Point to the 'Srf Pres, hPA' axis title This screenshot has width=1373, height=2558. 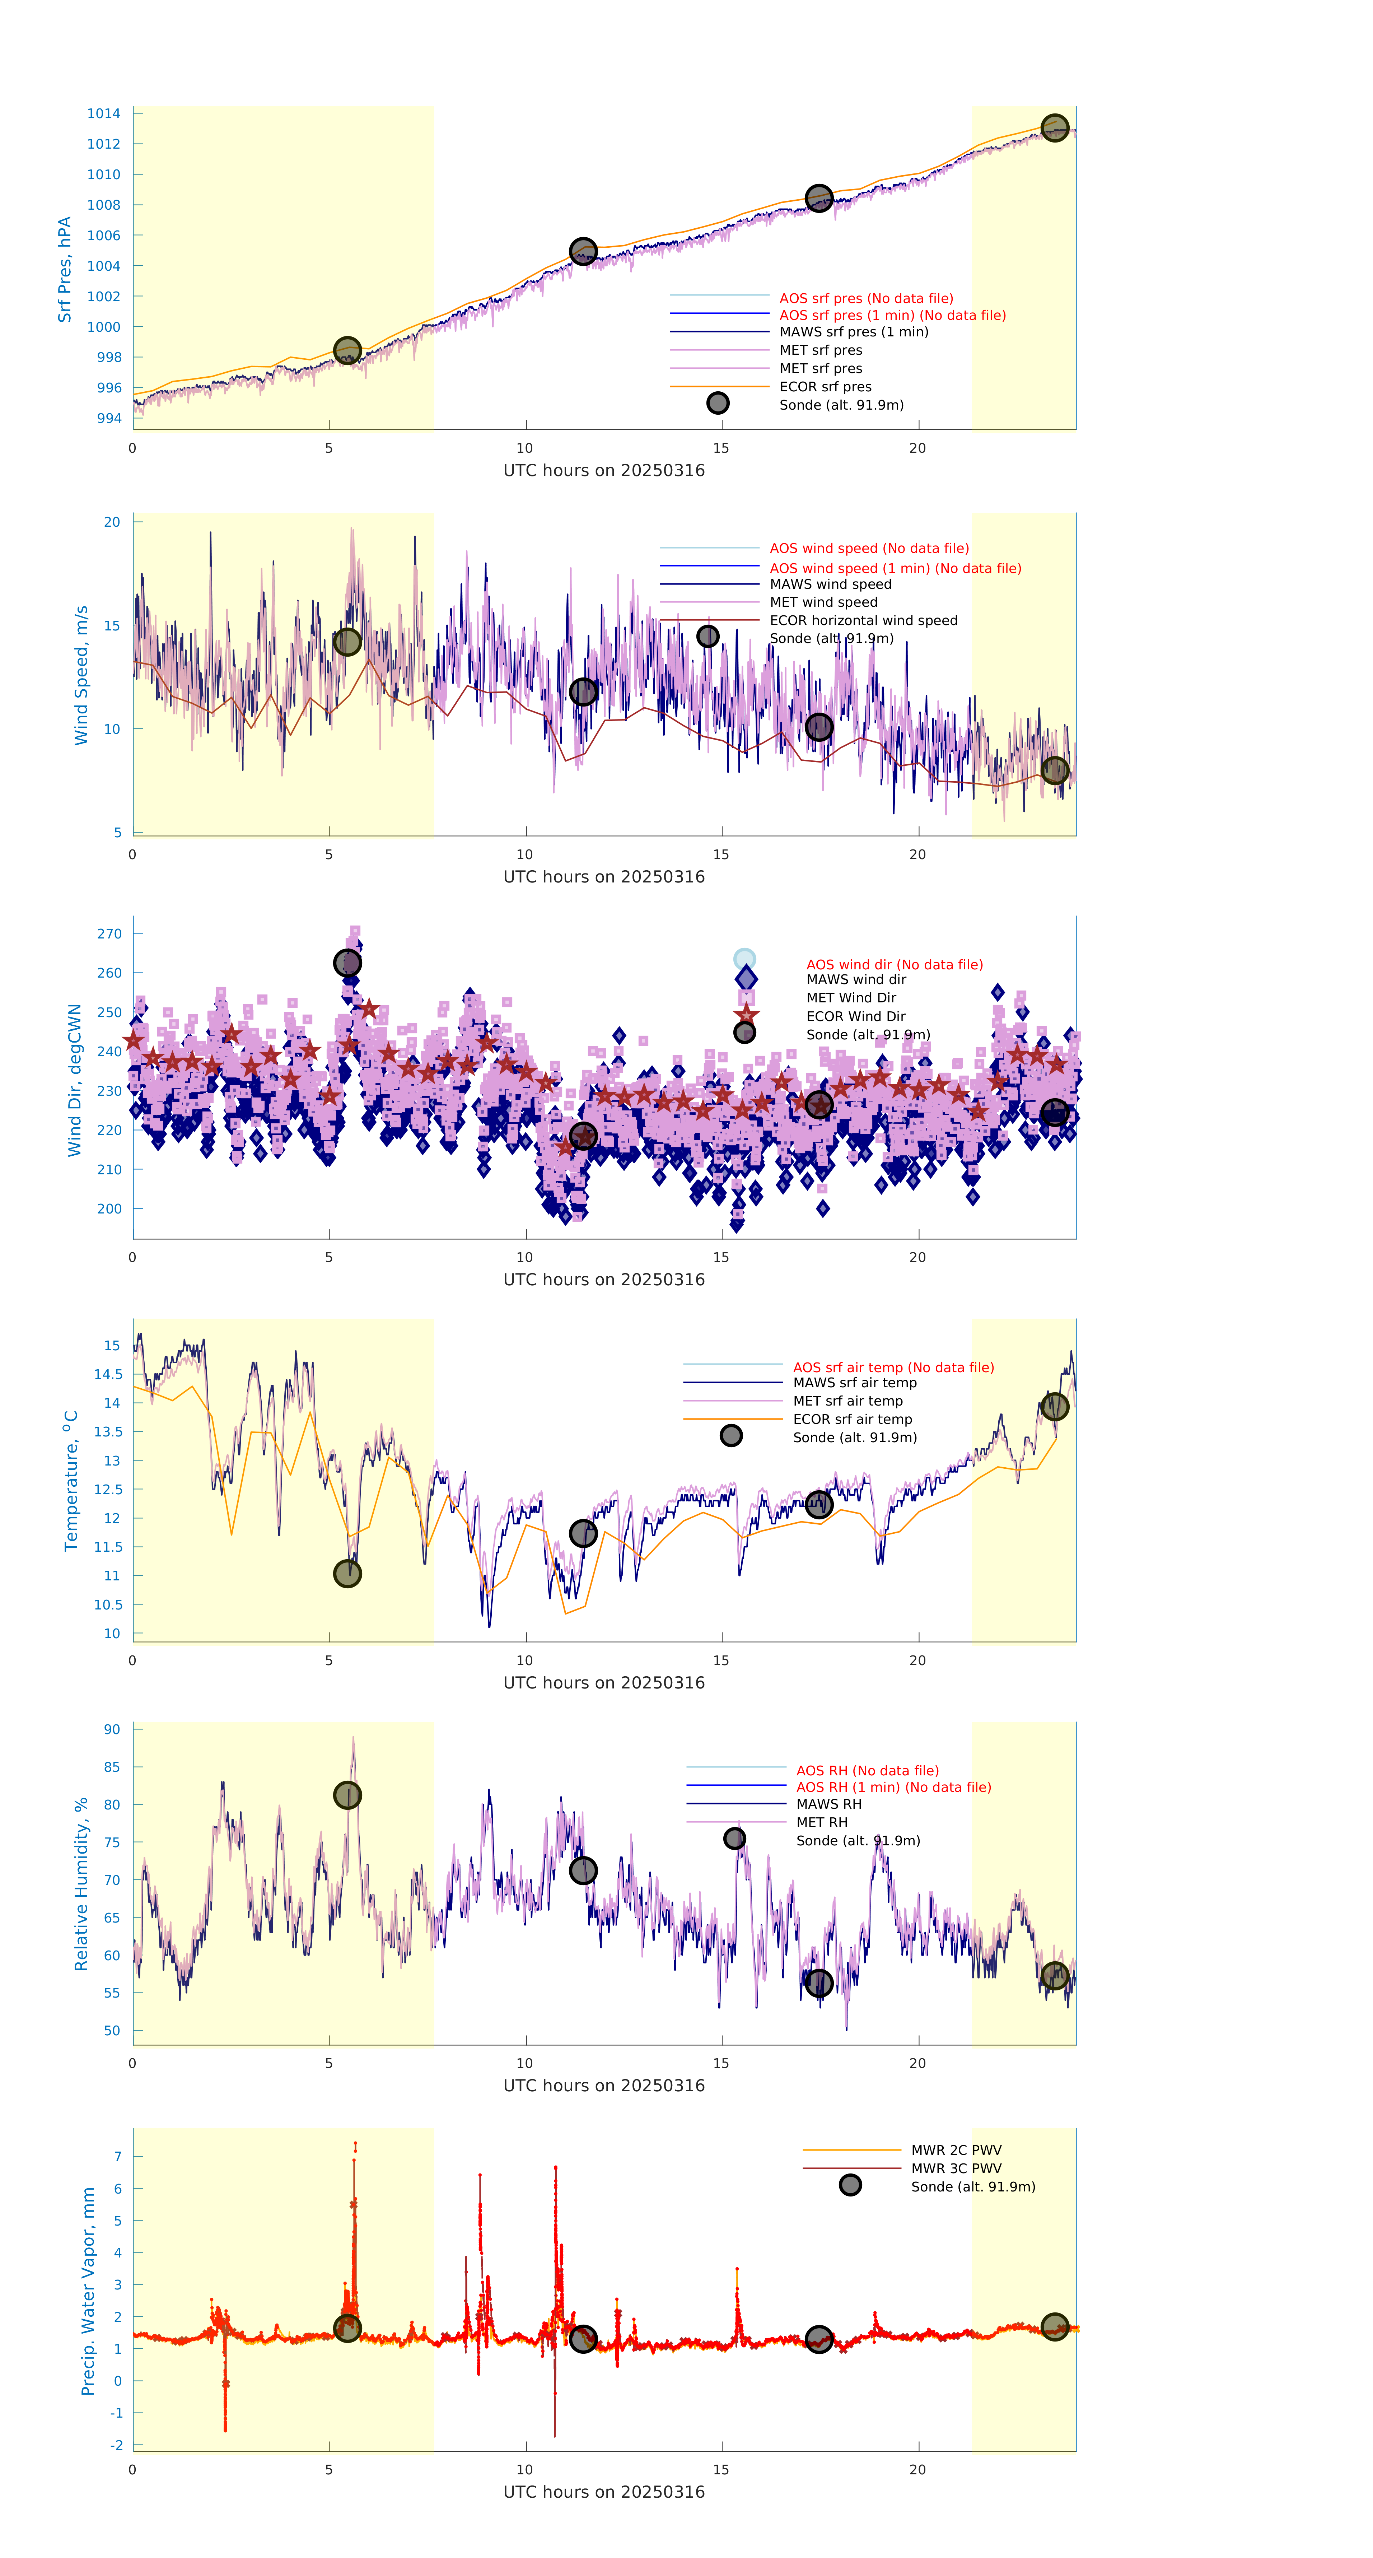(65, 269)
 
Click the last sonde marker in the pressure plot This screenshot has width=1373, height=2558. (1054, 128)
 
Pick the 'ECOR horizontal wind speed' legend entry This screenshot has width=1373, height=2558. (863, 621)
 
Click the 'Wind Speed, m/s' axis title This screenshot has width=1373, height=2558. (81, 675)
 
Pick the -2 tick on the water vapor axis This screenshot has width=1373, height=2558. (116, 2445)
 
